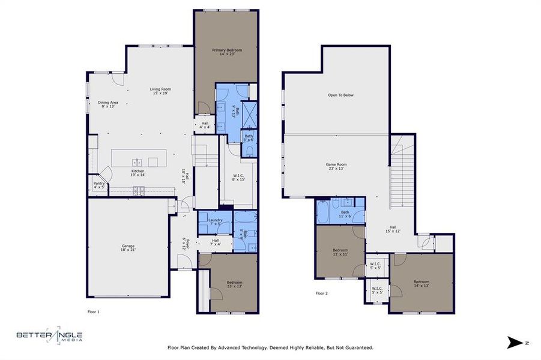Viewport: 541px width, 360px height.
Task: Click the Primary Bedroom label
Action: click(x=226, y=52)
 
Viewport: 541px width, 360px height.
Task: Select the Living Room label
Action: click(x=160, y=91)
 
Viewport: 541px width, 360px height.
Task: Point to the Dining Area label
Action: click(x=108, y=104)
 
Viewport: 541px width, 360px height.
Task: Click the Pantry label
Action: click(x=98, y=185)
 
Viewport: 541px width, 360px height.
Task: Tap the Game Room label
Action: click(x=336, y=166)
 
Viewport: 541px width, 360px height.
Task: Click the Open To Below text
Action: click(x=340, y=95)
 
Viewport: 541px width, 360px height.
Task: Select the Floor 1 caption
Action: click(x=94, y=311)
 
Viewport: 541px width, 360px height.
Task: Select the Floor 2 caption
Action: click(x=322, y=293)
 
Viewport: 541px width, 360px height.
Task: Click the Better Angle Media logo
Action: click(x=49, y=337)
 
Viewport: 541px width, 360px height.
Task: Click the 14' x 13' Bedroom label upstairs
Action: click(x=421, y=284)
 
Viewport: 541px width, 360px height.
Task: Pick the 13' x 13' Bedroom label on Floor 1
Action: click(x=234, y=284)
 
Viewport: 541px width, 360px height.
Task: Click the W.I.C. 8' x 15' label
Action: click(x=239, y=178)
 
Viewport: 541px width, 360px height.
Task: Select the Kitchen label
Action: click(x=138, y=173)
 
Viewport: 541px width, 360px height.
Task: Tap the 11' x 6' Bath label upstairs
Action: click(x=345, y=214)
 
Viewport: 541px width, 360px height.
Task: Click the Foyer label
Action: click(x=187, y=244)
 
